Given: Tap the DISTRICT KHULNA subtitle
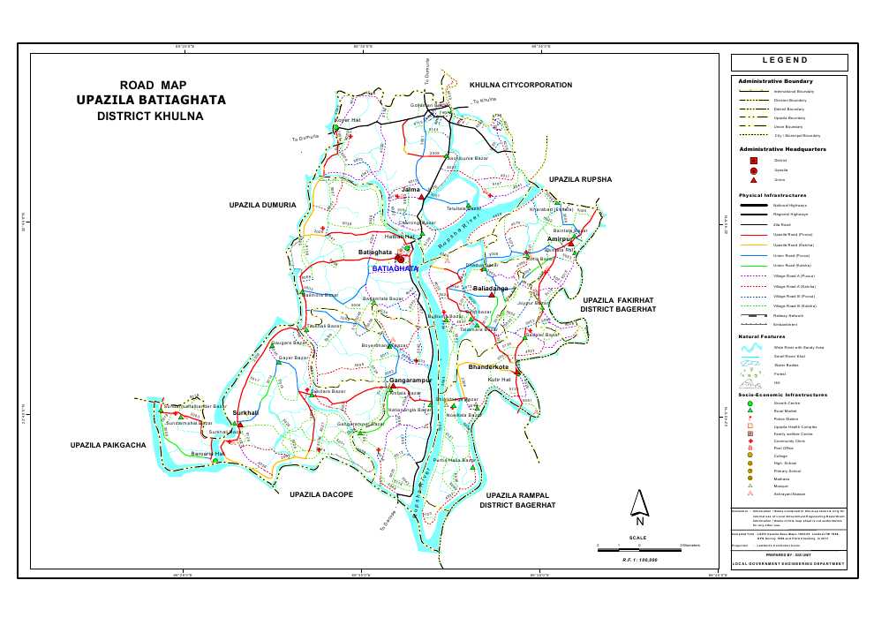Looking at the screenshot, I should pos(150,116).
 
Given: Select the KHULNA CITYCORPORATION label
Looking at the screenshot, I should pos(521,85).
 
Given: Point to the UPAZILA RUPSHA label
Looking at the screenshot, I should pos(580,179).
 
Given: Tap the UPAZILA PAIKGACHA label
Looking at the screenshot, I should pos(107,445).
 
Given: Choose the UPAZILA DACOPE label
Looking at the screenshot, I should pos(321,494).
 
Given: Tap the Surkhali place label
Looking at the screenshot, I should pos(245,412).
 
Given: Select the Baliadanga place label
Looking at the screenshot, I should pos(491,289).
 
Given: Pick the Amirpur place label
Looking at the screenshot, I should pos(560,239).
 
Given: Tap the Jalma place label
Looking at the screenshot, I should pos(410,190).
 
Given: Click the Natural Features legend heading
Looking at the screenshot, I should pos(763,336).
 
